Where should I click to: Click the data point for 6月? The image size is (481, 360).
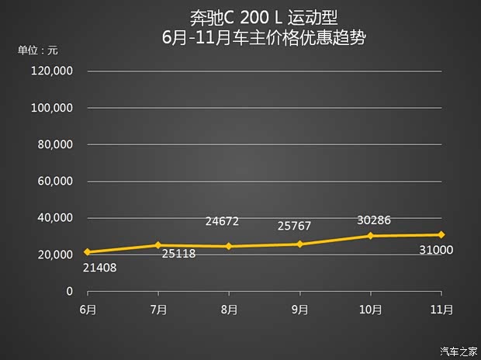click(88, 252)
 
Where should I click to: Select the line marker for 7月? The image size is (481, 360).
click(158, 245)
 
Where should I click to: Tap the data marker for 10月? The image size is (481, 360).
click(370, 236)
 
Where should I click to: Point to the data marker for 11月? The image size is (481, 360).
click(441, 234)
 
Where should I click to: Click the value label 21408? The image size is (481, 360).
click(99, 268)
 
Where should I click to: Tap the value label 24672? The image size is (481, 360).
click(222, 222)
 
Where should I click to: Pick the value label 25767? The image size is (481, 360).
click(293, 227)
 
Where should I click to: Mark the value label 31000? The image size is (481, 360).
click(436, 251)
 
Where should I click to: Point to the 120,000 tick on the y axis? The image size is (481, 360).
click(52, 71)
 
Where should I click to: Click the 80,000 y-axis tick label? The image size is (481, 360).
click(55, 145)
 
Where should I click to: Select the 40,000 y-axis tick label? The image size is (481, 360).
click(55, 218)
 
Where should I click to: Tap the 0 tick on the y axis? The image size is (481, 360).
click(69, 292)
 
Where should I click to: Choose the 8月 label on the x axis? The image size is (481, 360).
click(229, 310)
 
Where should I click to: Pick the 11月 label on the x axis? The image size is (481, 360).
click(440, 310)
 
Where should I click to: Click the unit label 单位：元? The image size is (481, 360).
click(38, 50)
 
